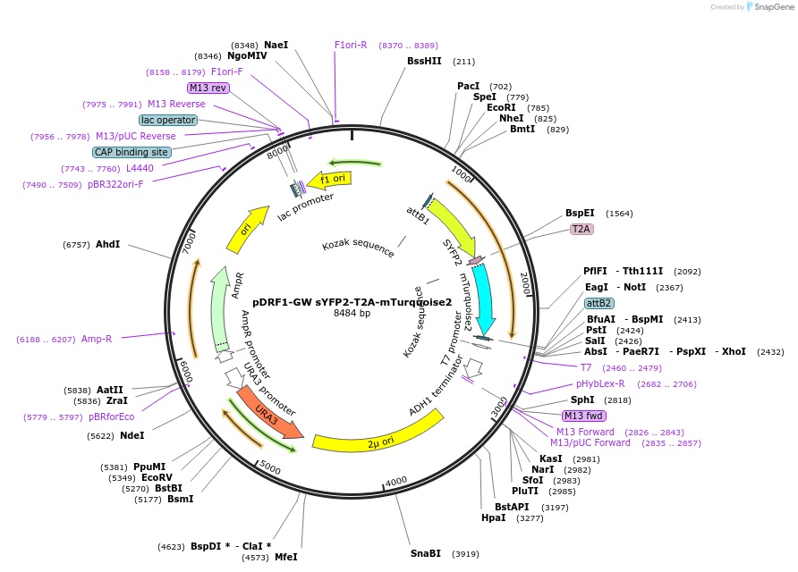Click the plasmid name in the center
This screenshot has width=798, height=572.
coord(352,302)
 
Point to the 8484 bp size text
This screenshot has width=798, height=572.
coord(352,314)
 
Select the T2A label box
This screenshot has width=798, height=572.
coord(582,229)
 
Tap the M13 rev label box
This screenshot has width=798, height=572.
coord(208,88)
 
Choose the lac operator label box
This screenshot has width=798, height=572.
coord(168,120)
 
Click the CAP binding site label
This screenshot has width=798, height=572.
coord(132,152)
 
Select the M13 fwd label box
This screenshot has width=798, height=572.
coord(583,416)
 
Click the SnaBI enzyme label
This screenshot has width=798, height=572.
coord(426,553)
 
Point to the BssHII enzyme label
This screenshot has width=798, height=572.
coord(424,62)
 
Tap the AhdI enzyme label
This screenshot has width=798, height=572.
coord(108,244)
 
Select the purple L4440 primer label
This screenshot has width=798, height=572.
coord(140,168)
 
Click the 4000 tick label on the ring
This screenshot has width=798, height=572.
coord(396,481)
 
